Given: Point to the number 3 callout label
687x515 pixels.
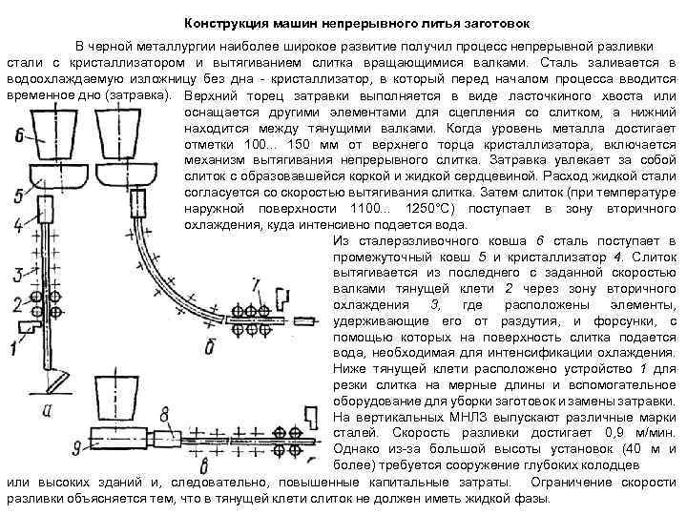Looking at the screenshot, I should pos(16,276).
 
